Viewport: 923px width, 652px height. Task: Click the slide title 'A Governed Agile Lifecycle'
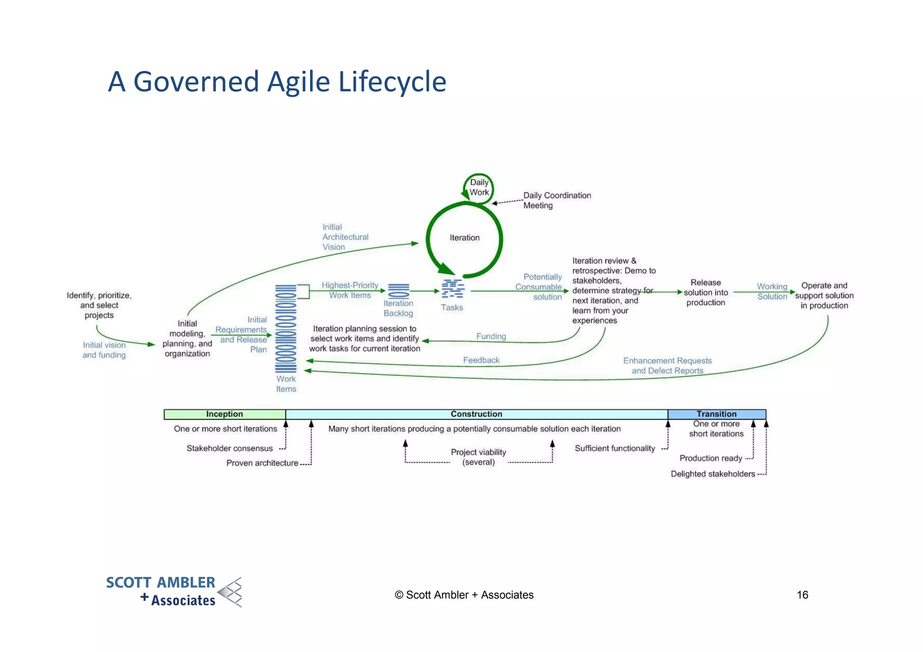click(277, 82)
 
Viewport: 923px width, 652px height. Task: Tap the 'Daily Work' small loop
click(479, 187)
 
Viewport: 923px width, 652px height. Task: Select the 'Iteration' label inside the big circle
click(464, 237)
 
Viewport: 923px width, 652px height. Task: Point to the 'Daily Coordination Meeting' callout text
click(557, 200)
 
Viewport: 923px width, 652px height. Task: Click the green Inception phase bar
click(224, 414)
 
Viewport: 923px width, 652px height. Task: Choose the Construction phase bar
click(476, 414)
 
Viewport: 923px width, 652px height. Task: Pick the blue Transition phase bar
click(716, 414)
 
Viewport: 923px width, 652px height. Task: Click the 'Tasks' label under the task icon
click(452, 307)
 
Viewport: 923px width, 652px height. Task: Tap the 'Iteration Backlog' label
click(398, 308)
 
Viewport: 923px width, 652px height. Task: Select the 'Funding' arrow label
click(491, 336)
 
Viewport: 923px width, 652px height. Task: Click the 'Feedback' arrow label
click(481, 360)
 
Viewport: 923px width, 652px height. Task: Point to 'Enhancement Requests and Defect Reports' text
click(667, 365)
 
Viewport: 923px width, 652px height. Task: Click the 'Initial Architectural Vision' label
click(345, 237)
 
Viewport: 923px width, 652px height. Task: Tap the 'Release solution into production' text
click(705, 292)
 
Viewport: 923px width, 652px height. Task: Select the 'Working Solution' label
click(772, 292)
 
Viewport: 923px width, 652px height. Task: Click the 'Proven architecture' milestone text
click(262, 463)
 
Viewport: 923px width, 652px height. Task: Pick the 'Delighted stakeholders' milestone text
click(713, 474)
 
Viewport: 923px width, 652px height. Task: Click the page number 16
click(802, 595)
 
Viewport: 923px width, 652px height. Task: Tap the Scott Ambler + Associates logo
click(174, 592)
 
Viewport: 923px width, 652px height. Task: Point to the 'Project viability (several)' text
click(478, 457)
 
